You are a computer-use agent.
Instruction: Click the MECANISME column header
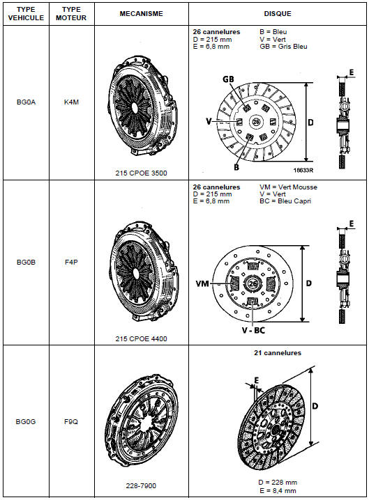pos(141,14)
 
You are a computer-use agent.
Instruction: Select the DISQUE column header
pos(278,14)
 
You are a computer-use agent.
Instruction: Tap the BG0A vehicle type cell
pos(26,102)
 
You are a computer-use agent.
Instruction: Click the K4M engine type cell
pos(71,102)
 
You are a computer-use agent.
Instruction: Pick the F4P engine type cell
pos(71,262)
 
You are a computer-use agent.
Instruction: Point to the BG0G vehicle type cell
pos(26,421)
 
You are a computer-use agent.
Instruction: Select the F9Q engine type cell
pos(71,421)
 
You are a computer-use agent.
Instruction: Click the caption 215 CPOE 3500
pos(141,173)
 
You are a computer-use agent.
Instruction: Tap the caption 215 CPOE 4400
pos(141,338)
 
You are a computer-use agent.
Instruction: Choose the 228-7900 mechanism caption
pos(141,485)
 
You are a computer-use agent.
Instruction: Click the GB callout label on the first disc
pos(228,79)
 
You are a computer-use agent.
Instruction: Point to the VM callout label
pos(202,283)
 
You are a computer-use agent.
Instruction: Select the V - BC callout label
pos(253,330)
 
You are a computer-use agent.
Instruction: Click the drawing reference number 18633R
pos(303,170)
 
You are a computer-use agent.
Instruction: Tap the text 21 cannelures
pos(278,352)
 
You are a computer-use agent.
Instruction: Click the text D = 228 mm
pos(278,482)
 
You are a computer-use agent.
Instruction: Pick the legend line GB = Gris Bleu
pos(284,47)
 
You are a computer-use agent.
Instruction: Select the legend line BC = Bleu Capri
pos(285,201)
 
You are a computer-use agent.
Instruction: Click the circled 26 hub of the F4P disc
pos(253,283)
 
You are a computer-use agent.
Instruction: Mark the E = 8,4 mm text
pos(278,490)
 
